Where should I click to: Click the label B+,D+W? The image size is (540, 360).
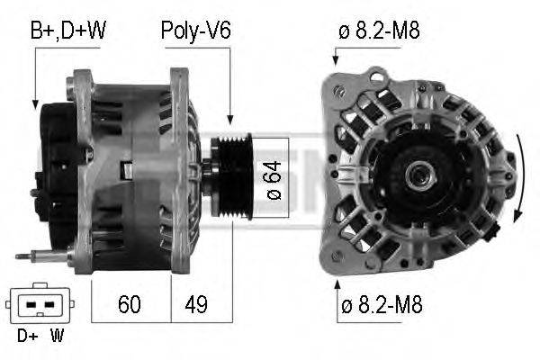coord(68,31)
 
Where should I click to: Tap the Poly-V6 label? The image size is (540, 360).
coord(195,31)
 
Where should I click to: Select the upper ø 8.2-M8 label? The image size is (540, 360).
coord(379,31)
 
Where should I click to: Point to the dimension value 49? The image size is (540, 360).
coord(195,304)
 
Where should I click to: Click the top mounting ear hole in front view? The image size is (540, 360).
coord(339,92)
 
